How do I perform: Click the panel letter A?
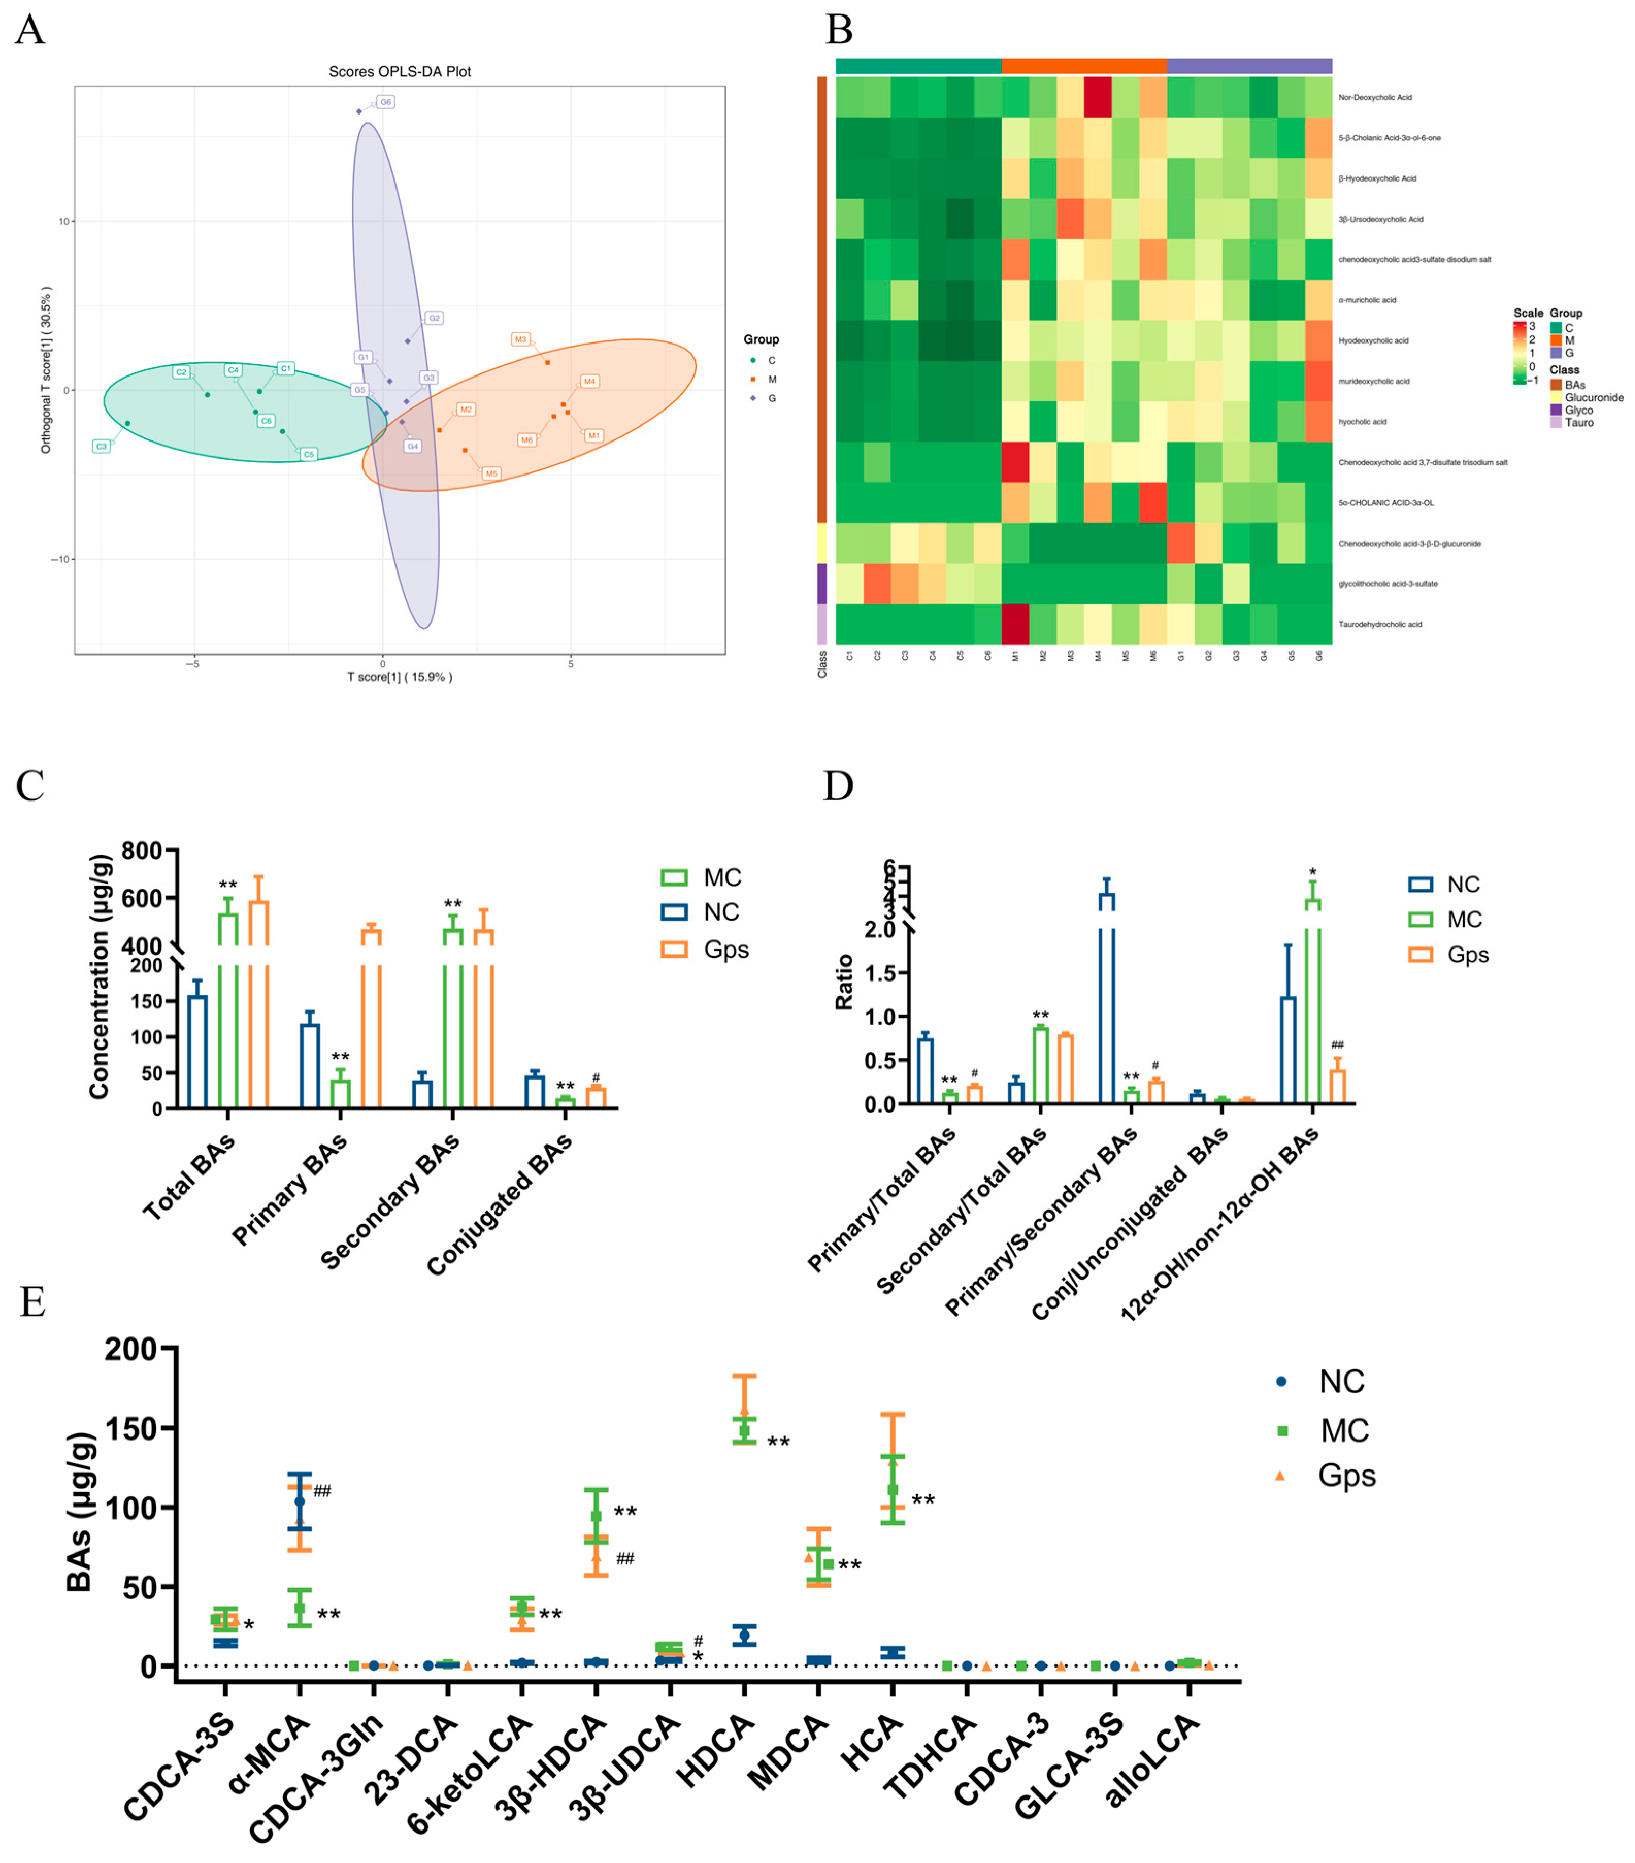coord(29,30)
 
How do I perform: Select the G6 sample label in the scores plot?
coord(386,102)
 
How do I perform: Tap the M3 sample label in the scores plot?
coord(520,339)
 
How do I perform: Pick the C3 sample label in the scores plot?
coord(101,446)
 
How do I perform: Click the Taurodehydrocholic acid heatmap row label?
coord(1379,624)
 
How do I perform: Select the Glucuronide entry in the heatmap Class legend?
coord(1593,397)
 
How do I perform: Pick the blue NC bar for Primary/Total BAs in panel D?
coord(925,1070)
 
